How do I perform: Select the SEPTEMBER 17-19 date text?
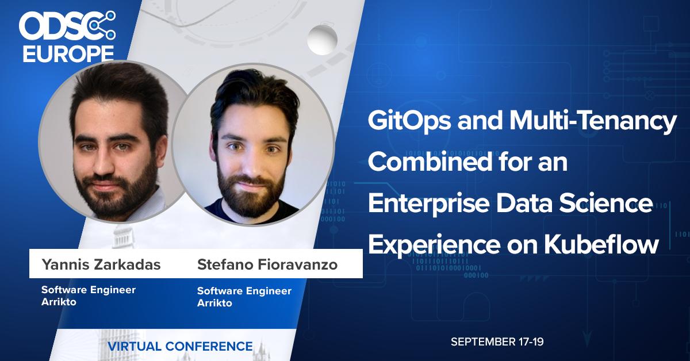point(497,342)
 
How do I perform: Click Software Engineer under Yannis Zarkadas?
point(88,290)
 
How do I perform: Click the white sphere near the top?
point(322,41)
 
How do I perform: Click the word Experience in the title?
point(431,245)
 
